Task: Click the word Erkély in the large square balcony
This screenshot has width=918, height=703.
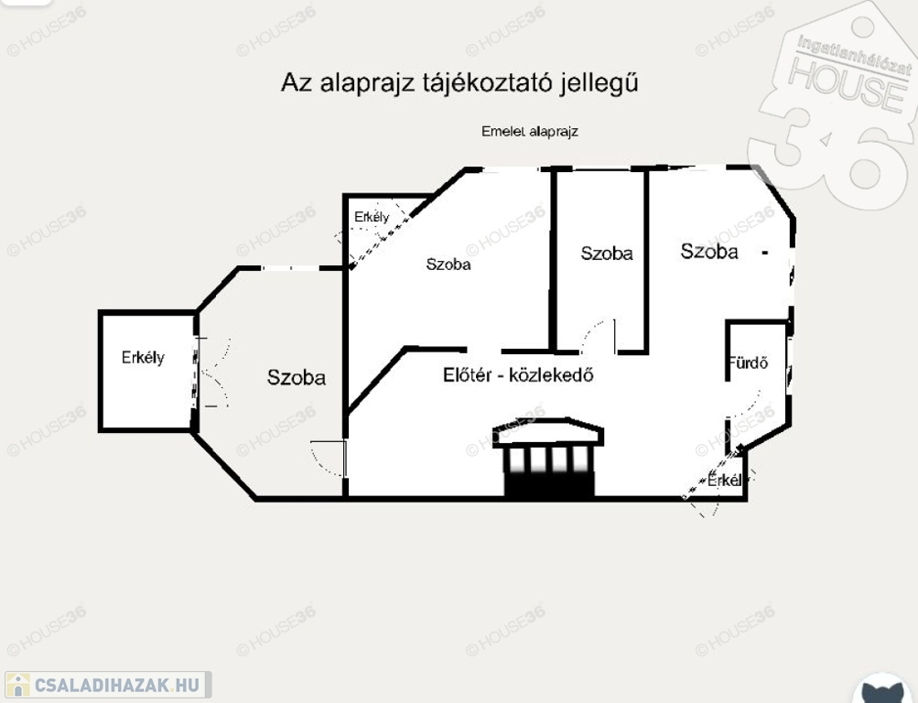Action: click(x=143, y=358)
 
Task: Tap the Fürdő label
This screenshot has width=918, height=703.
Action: click(x=748, y=362)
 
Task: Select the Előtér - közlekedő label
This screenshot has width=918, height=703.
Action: click(x=519, y=373)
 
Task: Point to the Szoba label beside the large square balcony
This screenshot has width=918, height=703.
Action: click(x=296, y=377)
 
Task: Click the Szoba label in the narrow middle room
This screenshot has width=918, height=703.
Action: click(x=606, y=254)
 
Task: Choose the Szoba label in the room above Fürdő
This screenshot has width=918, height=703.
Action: click(x=709, y=251)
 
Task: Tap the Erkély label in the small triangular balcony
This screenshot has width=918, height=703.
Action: click(x=372, y=217)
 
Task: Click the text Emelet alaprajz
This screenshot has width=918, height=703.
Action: click(x=530, y=131)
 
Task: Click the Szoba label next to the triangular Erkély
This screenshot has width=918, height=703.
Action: click(x=448, y=265)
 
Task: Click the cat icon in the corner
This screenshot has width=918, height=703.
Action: click(x=885, y=688)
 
